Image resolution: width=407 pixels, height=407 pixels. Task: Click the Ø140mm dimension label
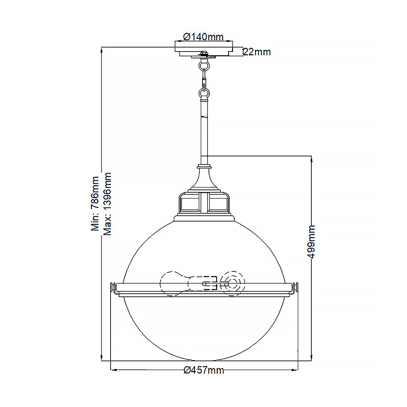(x=203, y=37)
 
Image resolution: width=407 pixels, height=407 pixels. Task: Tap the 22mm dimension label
(x=257, y=52)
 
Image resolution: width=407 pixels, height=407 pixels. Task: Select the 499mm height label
(x=311, y=242)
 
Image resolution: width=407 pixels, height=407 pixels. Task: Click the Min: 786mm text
(x=95, y=204)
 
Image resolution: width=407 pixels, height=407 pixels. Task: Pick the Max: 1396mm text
(x=107, y=204)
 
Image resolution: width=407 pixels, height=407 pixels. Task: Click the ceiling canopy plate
(x=204, y=49)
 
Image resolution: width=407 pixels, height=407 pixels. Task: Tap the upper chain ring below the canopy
(x=204, y=65)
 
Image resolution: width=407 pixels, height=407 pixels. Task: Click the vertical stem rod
(x=204, y=133)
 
